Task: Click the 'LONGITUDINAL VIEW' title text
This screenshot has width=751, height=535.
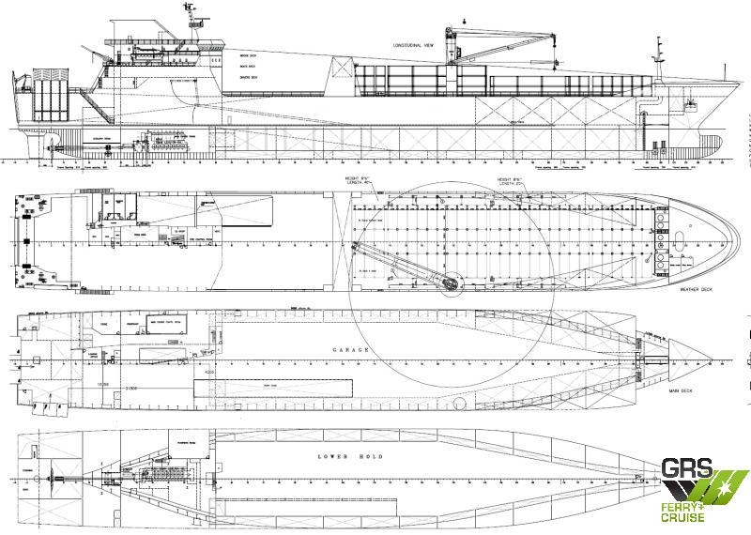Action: tap(412, 44)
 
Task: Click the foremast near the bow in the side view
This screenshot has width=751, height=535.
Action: tap(661, 56)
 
